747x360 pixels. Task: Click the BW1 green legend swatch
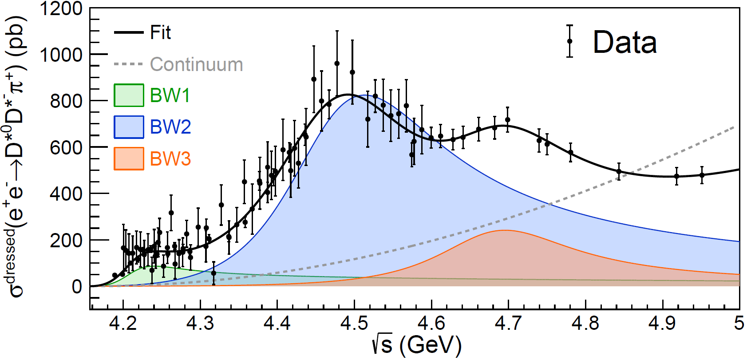(x=129, y=95)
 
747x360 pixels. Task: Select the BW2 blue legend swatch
(x=129, y=127)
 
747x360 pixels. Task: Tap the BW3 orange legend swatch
(x=129, y=158)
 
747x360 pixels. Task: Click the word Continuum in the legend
(x=196, y=65)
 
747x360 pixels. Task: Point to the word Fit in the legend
(x=160, y=33)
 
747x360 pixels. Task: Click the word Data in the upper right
(x=624, y=43)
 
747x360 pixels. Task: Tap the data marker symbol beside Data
(x=569, y=41)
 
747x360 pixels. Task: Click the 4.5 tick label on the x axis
(x=354, y=323)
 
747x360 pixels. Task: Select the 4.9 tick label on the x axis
(x=662, y=323)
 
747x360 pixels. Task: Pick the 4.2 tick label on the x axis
(x=123, y=323)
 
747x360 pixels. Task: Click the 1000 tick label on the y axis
(x=61, y=55)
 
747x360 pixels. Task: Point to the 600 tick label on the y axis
(x=67, y=148)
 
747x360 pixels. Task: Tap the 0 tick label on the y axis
(x=77, y=287)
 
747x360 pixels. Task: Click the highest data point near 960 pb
(x=337, y=63)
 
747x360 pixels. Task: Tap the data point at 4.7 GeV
(x=507, y=120)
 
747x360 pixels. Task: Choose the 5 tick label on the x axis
(x=739, y=323)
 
